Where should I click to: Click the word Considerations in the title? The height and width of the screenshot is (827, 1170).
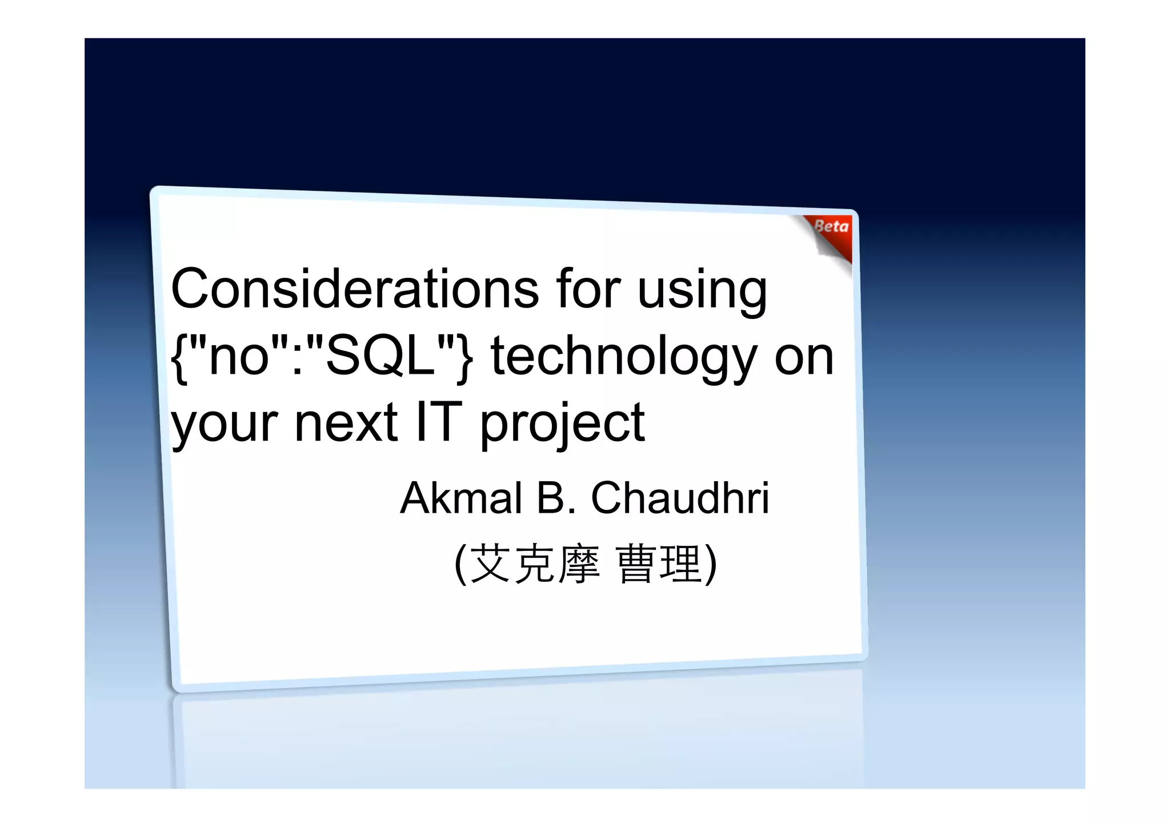click(354, 289)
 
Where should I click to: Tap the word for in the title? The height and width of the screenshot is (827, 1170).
click(588, 289)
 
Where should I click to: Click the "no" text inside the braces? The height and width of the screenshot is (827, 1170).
click(239, 356)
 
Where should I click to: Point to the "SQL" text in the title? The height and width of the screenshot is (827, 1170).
click(379, 356)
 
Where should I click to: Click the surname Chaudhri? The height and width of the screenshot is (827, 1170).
click(680, 498)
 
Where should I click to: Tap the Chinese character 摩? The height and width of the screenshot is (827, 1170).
click(579, 564)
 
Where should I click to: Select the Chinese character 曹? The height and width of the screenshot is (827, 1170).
click(636, 564)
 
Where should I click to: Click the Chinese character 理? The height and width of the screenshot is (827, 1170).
click(680, 564)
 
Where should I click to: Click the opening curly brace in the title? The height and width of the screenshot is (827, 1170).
click(179, 358)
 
